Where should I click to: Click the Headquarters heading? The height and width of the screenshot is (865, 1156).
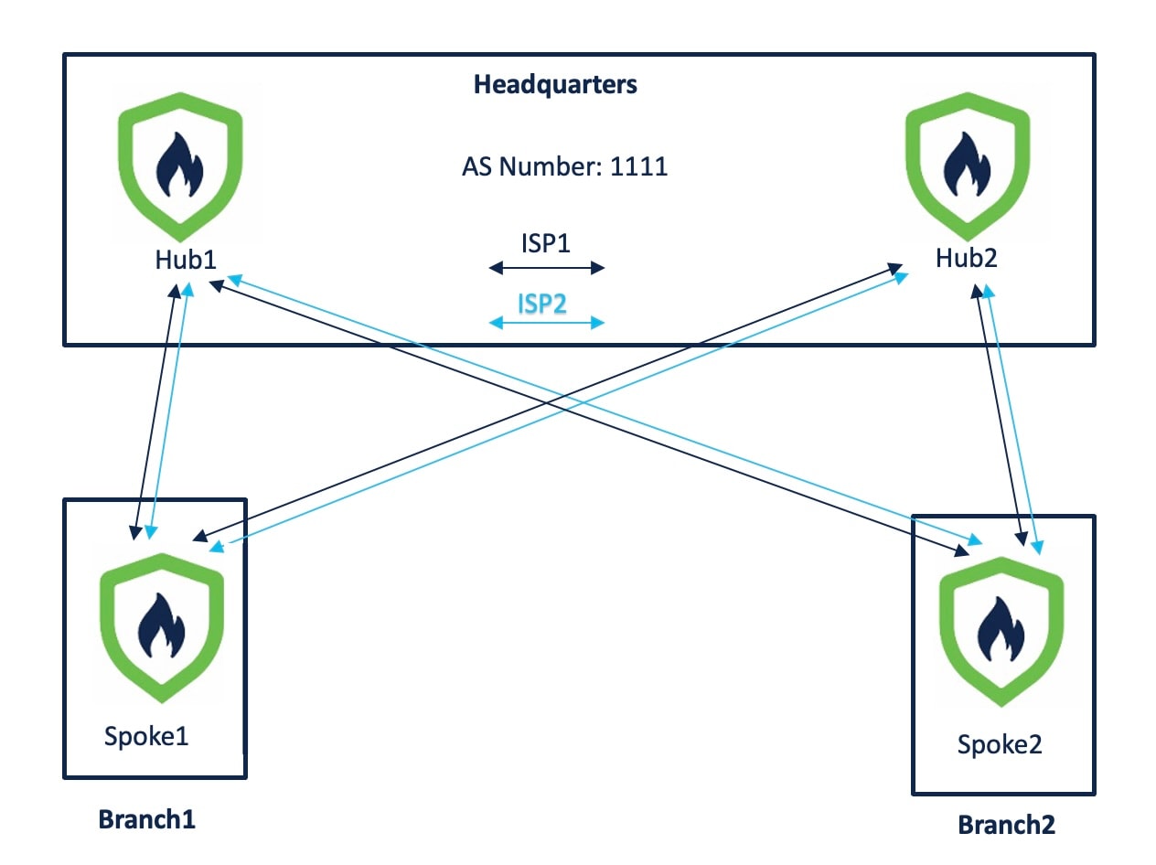click(x=555, y=85)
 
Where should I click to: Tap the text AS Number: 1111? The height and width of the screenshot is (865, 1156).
click(x=564, y=167)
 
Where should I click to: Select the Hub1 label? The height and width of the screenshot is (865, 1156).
click(x=185, y=259)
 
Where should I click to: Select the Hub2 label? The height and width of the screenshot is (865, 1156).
click(x=966, y=258)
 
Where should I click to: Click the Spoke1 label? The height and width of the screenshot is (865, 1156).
click(x=146, y=736)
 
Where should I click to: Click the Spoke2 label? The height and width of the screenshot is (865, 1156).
click(x=1000, y=744)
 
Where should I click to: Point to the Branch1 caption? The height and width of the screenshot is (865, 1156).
click(x=147, y=818)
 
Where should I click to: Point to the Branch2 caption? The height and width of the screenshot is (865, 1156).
click(x=1006, y=825)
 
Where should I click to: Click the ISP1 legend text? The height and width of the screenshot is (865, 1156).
click(x=545, y=245)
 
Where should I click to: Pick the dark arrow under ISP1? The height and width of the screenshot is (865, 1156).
click(x=547, y=268)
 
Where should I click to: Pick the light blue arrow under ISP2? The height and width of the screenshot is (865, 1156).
click(x=547, y=323)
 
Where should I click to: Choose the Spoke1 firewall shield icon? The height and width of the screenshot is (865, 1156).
click(x=161, y=627)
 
